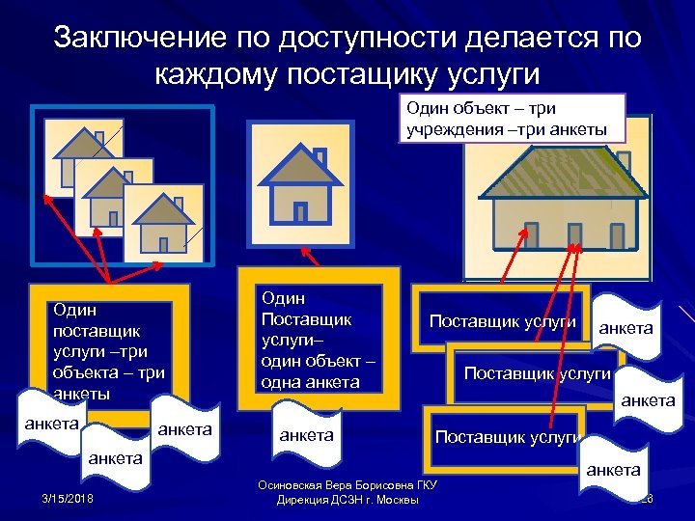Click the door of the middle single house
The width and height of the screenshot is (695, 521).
(300, 210)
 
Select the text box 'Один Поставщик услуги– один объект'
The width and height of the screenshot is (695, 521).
(317, 341)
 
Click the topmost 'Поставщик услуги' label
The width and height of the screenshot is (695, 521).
(502, 320)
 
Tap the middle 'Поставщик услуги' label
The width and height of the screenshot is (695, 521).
(537, 372)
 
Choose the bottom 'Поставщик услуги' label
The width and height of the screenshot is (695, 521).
(506, 437)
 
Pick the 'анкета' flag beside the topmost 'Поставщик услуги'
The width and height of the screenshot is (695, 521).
(625, 328)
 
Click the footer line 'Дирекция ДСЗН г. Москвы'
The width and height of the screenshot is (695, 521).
(347, 500)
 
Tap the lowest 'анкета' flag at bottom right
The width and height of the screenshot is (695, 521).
(612, 470)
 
